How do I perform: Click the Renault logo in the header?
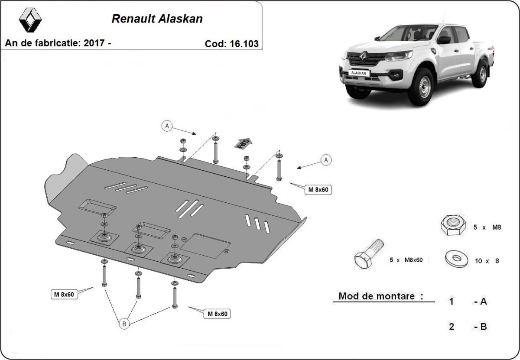[x=30, y=20]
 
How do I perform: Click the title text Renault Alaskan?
[x=157, y=19]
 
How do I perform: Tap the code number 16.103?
[x=244, y=44]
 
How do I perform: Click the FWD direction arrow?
[x=244, y=143]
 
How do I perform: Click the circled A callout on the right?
[x=326, y=160]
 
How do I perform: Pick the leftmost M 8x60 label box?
[x=64, y=294]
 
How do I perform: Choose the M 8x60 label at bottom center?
[x=217, y=314]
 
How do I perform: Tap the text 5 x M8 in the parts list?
[x=487, y=227]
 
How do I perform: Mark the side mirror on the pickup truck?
[x=444, y=40]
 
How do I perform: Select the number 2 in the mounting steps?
[x=451, y=327]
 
